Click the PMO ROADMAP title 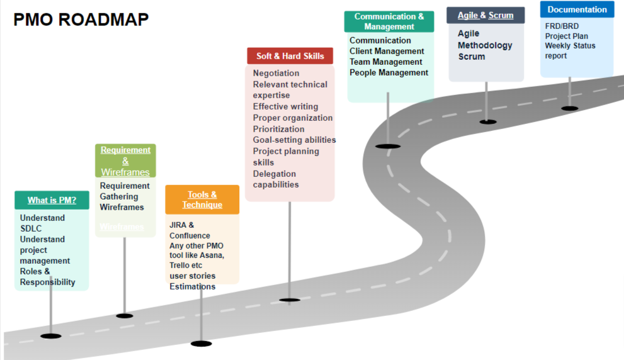click(81, 20)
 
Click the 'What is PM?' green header click(52, 200)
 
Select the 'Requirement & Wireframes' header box click(125, 160)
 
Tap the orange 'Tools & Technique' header click(202, 200)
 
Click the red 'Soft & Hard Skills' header click(290, 56)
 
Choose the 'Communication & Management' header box click(389, 21)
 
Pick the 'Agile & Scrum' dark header click(485, 15)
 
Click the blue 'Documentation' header click(577, 9)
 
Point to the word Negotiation click(276, 73)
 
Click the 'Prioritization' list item click(278, 129)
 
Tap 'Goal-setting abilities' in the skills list click(294, 140)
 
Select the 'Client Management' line click(387, 51)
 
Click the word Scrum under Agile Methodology click(471, 57)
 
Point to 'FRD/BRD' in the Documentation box click(562, 26)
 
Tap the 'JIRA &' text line click(181, 225)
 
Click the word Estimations click(192, 286)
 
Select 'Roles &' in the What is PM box click(35, 271)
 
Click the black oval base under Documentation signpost click(570, 108)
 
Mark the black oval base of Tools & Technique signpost click(201, 344)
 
